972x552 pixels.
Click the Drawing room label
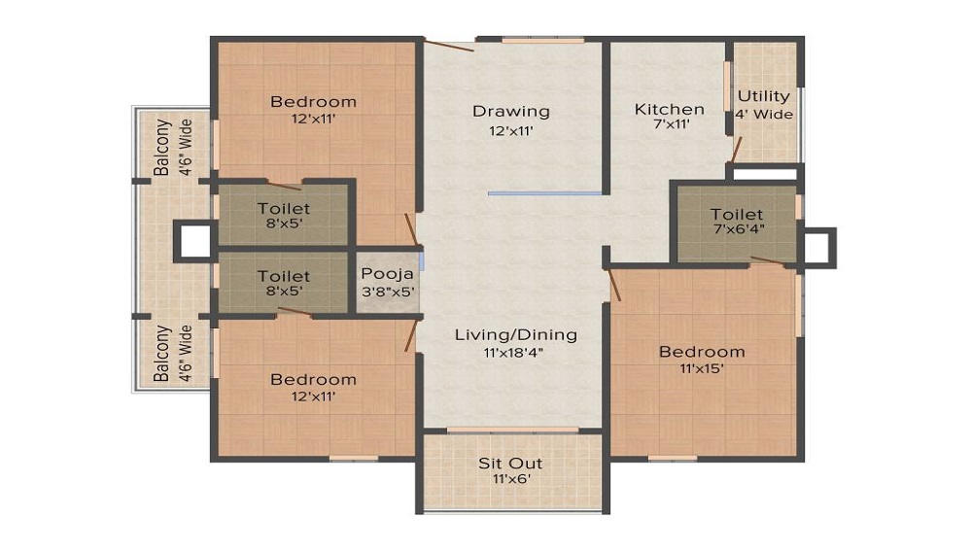point(511,111)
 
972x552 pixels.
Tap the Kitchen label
point(669,109)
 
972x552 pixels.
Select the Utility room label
point(763,96)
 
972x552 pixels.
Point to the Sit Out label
point(510,463)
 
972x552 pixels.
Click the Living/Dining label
point(515,335)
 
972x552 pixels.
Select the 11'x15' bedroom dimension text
point(702,368)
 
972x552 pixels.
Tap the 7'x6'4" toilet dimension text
point(736,231)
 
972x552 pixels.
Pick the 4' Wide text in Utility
point(764,115)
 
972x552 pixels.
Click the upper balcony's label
point(162,147)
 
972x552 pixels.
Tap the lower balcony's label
point(162,354)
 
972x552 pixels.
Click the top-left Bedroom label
point(313,101)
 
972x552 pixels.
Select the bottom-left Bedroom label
point(313,379)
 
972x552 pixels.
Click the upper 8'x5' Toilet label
point(284,208)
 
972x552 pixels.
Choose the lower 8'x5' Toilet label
point(284,277)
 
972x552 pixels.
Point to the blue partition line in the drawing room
point(545,193)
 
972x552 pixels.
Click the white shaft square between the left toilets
point(193,240)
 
